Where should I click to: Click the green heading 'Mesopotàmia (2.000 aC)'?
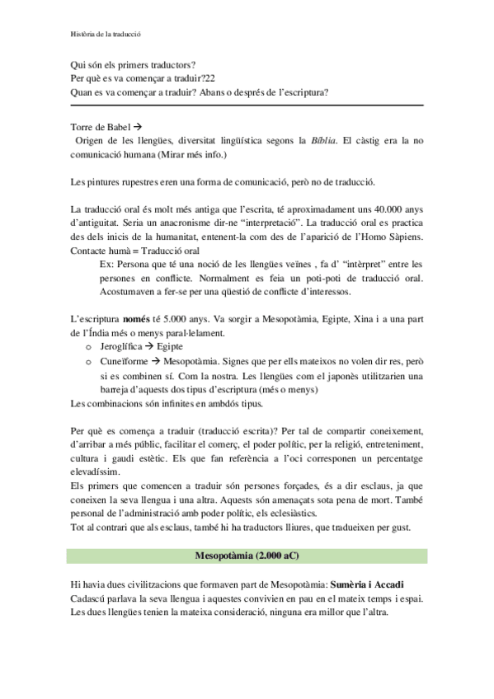pos(247,556)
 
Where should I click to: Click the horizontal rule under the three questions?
pos(247,105)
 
